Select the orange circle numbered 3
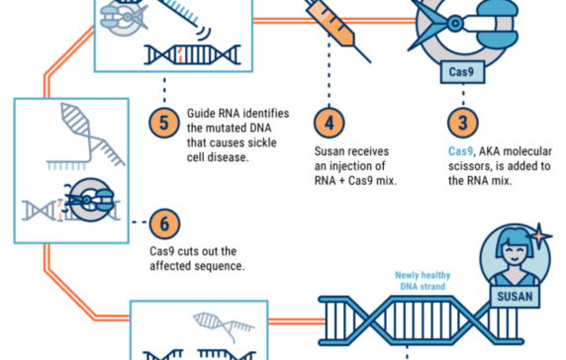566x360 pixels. coord(460,125)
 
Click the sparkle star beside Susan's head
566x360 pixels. coord(542,234)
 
